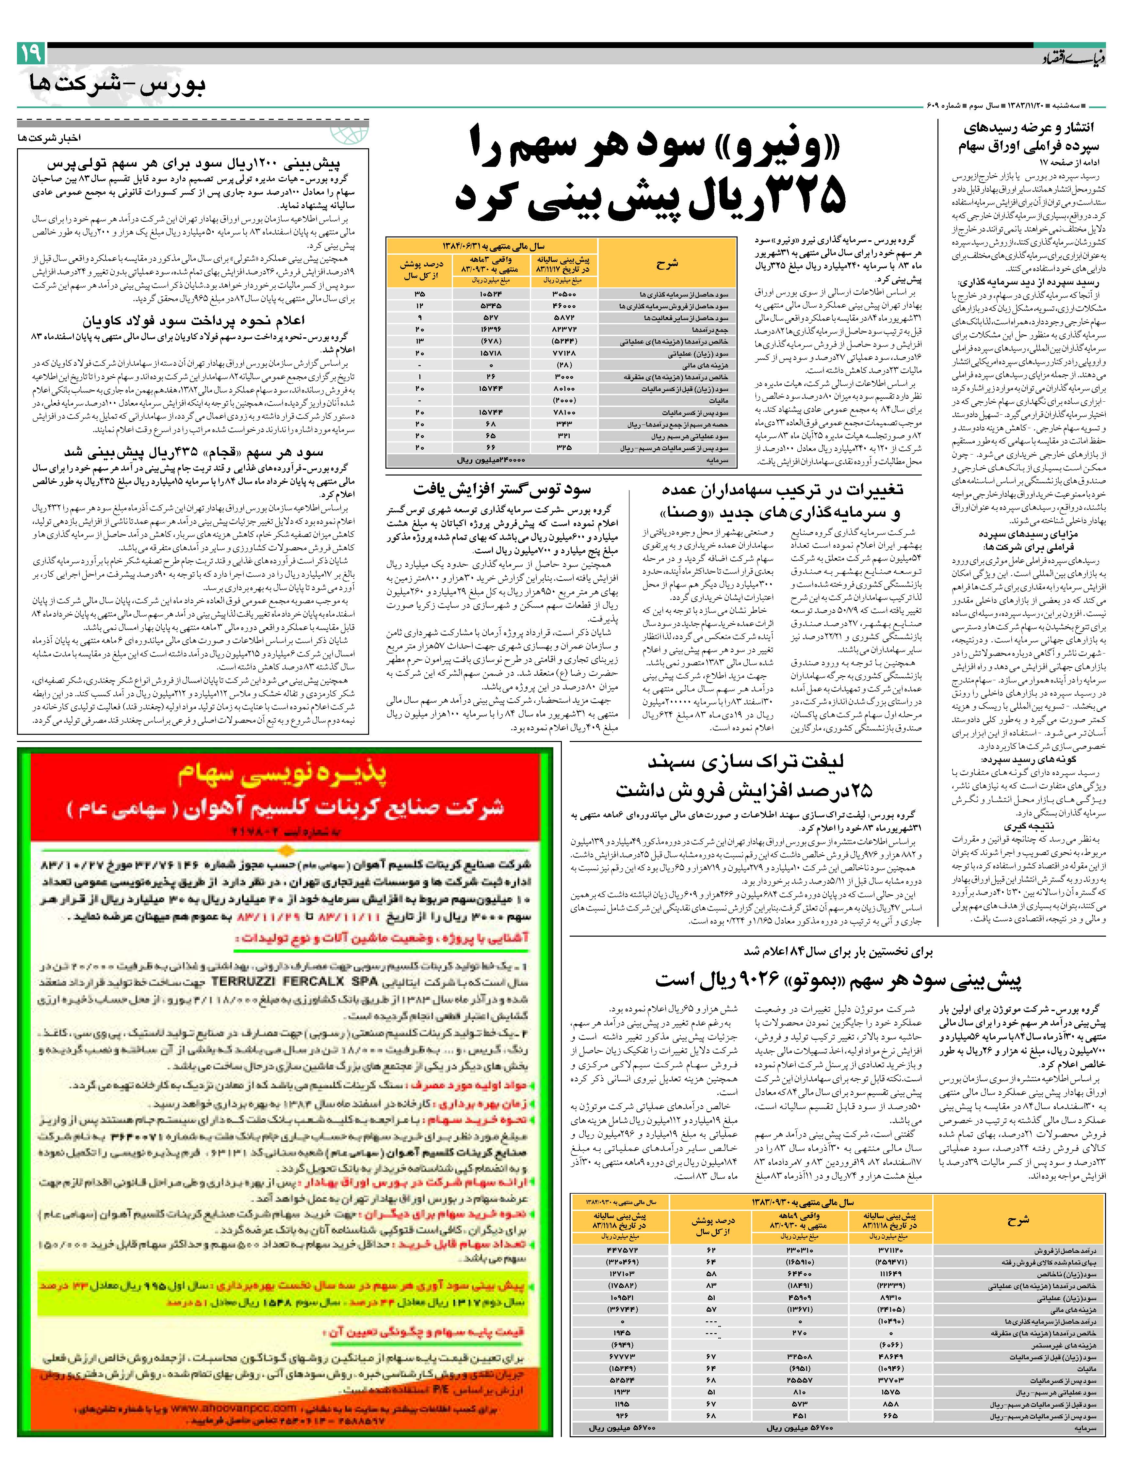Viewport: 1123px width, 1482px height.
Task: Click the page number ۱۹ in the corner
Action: pyautogui.click(x=31, y=52)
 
